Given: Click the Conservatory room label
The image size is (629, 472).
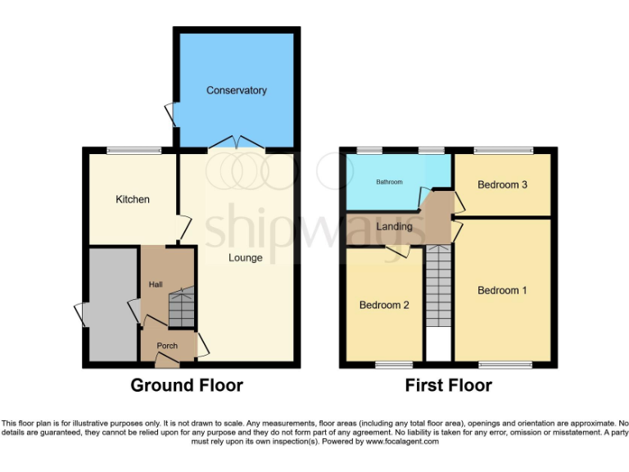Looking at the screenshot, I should pos(236,90).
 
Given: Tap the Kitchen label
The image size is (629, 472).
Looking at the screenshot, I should pos(132,199).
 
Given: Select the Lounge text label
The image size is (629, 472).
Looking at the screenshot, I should pos(246,258).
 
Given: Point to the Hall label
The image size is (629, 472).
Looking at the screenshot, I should pos(155,284).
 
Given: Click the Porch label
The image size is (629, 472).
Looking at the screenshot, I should pos(167,346).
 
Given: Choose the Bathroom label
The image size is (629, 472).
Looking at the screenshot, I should pos(389,182).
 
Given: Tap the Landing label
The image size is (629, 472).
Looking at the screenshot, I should pos(393,226).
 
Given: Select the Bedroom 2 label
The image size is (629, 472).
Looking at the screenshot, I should pos(383,305).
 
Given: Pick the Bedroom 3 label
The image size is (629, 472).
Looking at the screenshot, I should pos(502,184).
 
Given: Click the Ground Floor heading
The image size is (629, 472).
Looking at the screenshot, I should pos(188,385).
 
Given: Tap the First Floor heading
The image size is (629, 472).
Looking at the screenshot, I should pos(448,385).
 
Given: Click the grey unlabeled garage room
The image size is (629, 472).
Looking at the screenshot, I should pos(112,303).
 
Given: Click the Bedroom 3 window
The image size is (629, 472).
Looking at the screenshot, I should pos(503,150).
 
